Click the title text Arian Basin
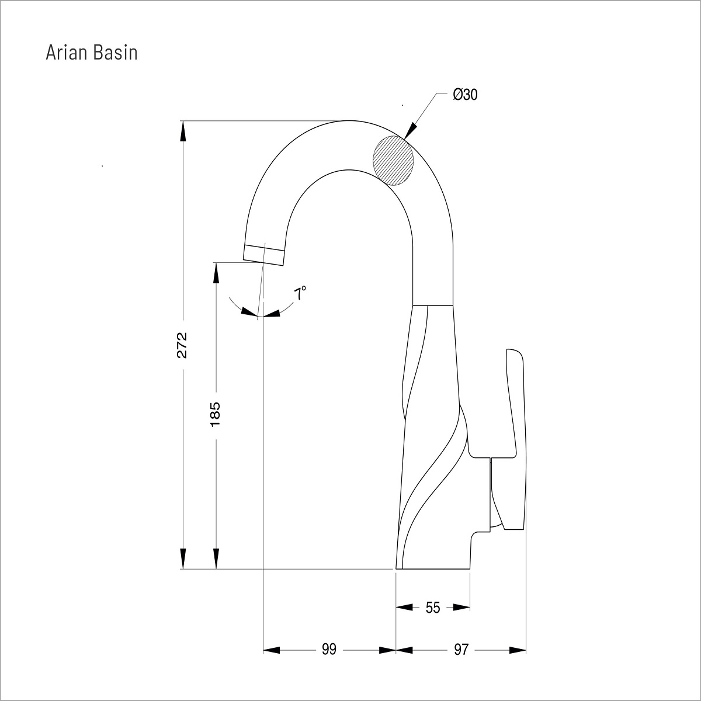pyautogui.click(x=92, y=53)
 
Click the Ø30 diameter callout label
pyautogui.click(x=465, y=95)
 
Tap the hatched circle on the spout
pyautogui.click(x=393, y=161)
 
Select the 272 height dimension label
pyautogui.click(x=182, y=345)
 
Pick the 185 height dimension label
pyautogui.click(x=216, y=414)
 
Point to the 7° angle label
pyautogui.click(x=300, y=293)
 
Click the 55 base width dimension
pyautogui.click(x=433, y=608)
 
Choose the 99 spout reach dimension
pyautogui.click(x=329, y=650)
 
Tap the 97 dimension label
pyautogui.click(x=461, y=650)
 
